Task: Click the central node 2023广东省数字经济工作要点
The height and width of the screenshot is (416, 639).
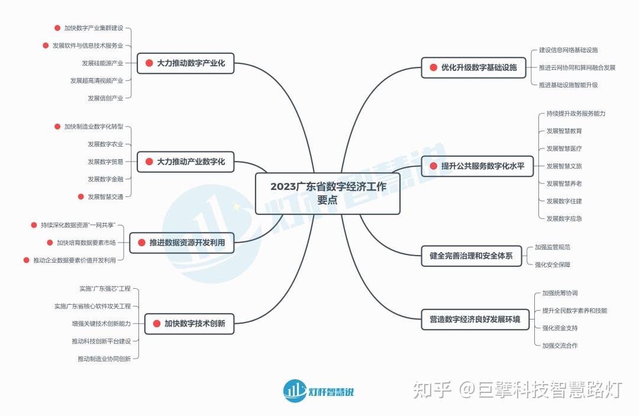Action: tap(328, 194)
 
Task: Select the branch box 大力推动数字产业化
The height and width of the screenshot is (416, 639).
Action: tap(186, 63)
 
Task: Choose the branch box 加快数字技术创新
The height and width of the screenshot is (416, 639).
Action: tap(189, 324)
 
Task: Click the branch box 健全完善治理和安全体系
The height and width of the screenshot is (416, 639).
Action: tap(471, 256)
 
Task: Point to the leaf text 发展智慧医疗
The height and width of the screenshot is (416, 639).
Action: tap(564, 149)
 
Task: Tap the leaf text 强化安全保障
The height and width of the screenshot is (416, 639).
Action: tap(553, 265)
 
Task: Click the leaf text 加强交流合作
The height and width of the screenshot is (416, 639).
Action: tap(560, 346)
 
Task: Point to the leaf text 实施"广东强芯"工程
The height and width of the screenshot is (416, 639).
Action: tap(105, 289)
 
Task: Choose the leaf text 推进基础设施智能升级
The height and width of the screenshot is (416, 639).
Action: tap(568, 85)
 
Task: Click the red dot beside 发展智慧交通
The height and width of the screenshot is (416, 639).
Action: tap(81, 196)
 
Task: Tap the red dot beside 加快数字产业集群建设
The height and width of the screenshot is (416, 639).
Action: tap(57, 28)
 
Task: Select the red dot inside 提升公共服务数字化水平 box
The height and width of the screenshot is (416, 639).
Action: tap(434, 166)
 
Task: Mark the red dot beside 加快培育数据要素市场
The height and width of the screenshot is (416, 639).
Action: tap(50, 243)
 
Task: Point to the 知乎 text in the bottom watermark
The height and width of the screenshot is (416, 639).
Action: tap(433, 390)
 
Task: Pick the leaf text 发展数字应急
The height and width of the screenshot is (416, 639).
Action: tap(564, 218)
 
